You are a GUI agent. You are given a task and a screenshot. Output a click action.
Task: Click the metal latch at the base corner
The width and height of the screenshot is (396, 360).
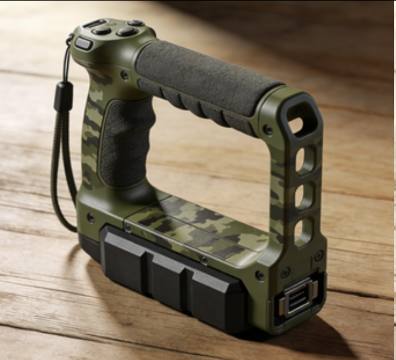coord(297,296)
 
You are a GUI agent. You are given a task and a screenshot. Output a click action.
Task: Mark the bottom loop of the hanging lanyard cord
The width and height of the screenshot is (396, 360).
coord(67,224)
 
